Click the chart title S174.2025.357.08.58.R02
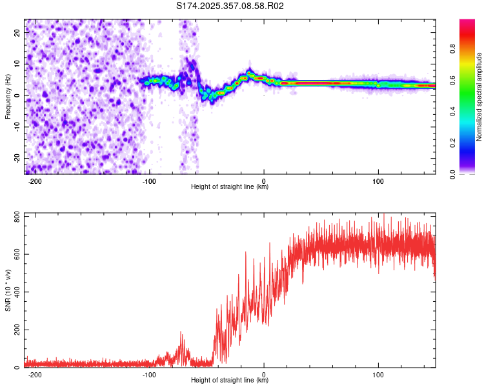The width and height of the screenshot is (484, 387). point(230,6)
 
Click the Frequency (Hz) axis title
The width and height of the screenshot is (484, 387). point(8,97)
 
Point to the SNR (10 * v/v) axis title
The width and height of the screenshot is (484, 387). point(8,290)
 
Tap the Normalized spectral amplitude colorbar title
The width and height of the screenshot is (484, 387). point(479,97)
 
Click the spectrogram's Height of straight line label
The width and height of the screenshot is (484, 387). point(230,187)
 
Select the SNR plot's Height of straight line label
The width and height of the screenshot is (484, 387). point(230,381)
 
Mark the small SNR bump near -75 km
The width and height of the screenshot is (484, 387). point(181,345)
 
